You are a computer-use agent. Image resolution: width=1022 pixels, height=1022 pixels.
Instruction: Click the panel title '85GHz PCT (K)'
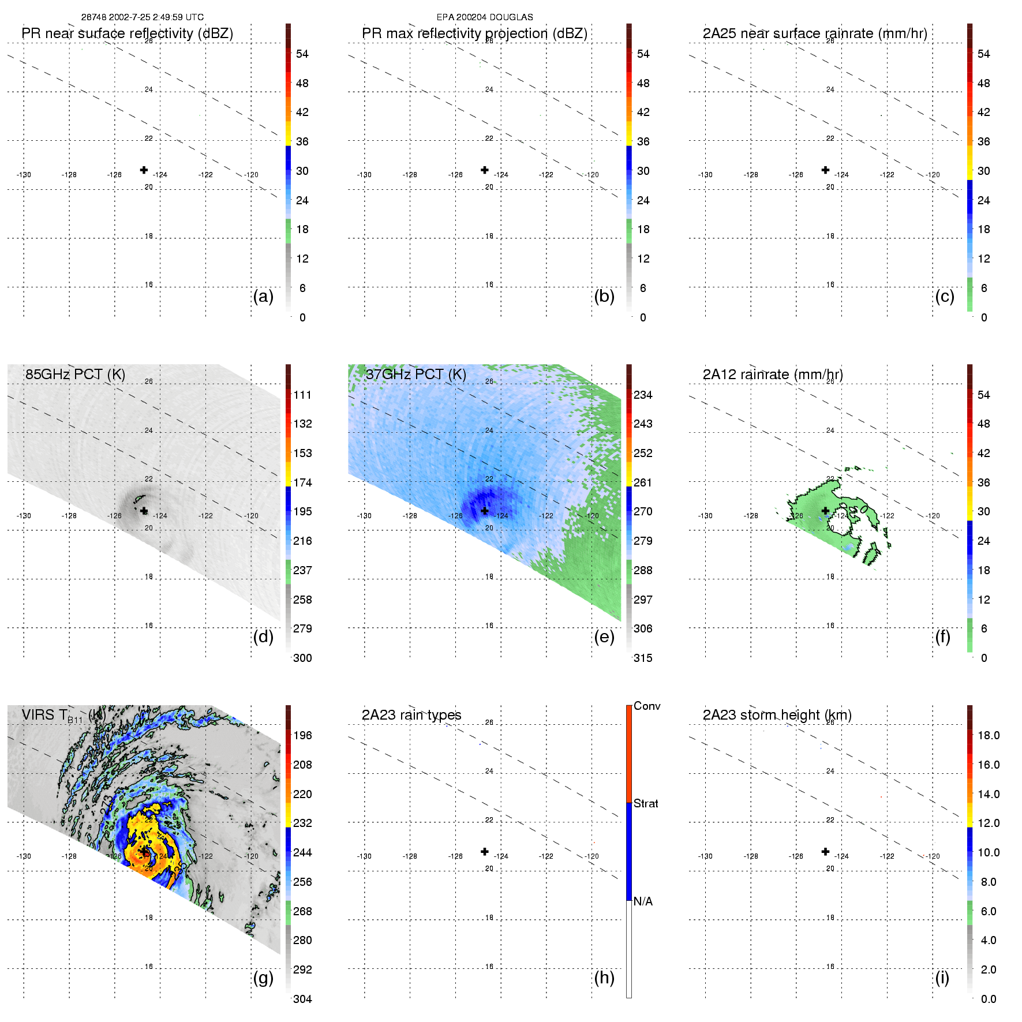(x=75, y=375)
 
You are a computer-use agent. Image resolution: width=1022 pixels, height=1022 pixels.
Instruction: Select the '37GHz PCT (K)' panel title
(x=415, y=375)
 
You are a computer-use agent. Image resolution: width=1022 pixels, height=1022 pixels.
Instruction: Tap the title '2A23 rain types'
(x=411, y=715)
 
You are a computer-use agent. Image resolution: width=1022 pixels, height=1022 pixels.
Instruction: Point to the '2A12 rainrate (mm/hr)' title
(x=773, y=375)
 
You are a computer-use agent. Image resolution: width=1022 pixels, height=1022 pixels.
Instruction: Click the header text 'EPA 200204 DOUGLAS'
(x=485, y=17)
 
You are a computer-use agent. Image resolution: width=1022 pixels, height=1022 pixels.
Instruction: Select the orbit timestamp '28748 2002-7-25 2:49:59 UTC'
(x=143, y=17)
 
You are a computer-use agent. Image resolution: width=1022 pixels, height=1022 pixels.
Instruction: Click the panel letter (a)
(x=263, y=297)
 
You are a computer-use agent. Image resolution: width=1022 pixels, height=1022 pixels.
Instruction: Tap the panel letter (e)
(x=604, y=637)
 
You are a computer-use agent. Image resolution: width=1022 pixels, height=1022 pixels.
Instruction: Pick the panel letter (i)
(x=942, y=978)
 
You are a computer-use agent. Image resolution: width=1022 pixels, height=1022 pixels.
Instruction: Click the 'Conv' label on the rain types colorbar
(x=647, y=706)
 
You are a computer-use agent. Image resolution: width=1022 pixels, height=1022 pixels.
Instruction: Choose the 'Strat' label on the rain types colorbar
(x=646, y=803)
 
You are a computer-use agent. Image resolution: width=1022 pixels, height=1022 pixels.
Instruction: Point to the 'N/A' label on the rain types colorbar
(x=643, y=901)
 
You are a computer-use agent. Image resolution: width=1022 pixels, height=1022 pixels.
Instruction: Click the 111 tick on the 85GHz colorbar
(x=302, y=395)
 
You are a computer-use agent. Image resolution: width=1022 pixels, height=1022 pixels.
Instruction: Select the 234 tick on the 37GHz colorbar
(x=643, y=395)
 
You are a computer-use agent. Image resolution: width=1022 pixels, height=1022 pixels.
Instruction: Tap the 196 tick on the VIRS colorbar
(x=302, y=735)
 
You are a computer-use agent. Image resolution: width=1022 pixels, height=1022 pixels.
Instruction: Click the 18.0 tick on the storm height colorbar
(x=989, y=735)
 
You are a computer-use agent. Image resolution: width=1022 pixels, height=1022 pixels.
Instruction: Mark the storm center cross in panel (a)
(x=144, y=170)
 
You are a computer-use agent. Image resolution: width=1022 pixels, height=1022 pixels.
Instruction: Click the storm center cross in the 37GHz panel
(x=485, y=511)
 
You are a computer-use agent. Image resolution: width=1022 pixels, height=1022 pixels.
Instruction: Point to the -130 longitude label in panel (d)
(x=24, y=516)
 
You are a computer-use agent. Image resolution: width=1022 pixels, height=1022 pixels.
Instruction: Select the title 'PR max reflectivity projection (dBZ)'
(x=474, y=33)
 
